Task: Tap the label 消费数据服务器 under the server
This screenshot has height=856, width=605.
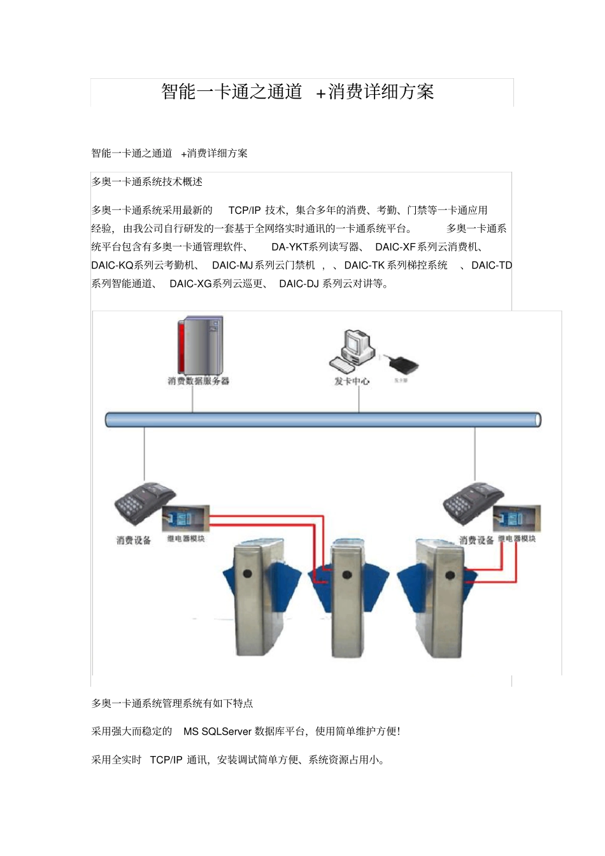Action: tap(198, 381)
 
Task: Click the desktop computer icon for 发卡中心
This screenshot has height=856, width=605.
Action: tap(352, 351)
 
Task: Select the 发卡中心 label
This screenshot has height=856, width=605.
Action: tap(352, 381)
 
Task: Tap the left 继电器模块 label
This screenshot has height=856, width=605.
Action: tap(186, 539)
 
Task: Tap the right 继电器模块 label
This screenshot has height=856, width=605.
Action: tap(516, 539)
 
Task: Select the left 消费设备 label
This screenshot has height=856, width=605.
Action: tap(134, 540)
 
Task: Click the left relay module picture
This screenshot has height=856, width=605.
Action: tap(185, 519)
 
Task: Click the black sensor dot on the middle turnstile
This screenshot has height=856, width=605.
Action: tap(346, 575)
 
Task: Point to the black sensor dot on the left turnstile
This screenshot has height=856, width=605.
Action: tap(247, 574)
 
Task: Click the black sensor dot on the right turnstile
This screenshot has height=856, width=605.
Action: tap(450, 575)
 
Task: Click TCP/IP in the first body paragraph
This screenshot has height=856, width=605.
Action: tap(245, 210)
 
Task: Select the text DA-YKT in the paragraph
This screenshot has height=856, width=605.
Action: tap(290, 247)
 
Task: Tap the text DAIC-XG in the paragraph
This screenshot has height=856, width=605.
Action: tap(190, 284)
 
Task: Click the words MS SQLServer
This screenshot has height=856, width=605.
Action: tap(217, 731)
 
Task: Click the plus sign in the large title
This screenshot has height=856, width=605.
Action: tap(321, 93)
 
